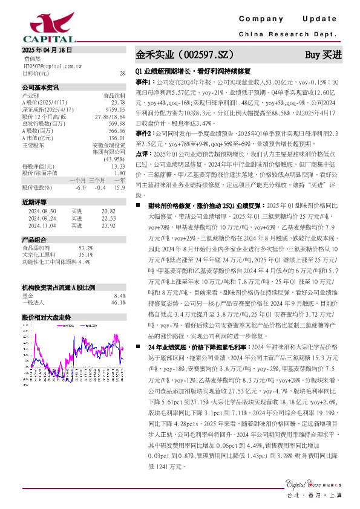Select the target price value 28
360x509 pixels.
coord(122,73)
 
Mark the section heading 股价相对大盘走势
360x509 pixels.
coord(47,317)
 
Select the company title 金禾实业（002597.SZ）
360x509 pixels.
coord(185,54)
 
